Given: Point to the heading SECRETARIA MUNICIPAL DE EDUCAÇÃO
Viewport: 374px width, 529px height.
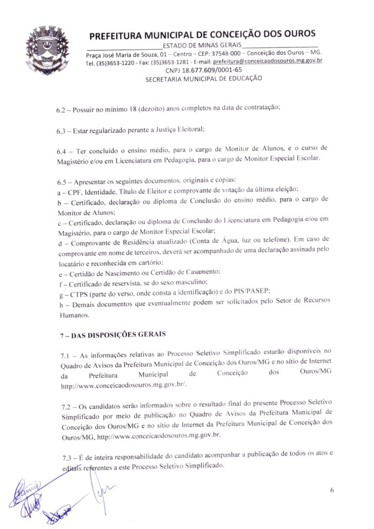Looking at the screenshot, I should coord(204,79).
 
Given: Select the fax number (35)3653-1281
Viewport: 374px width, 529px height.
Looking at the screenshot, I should coord(170,61).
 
